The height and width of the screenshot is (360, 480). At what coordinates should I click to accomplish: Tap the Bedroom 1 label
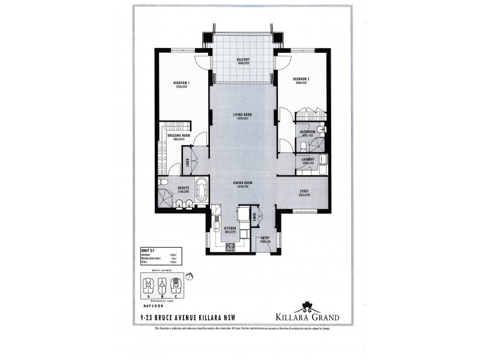pos(182,83)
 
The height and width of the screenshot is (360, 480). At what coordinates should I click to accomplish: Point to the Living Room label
pos(243,115)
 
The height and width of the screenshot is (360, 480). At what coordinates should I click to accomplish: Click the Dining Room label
pos(243,183)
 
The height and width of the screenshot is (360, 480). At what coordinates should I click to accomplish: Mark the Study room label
pos(306,192)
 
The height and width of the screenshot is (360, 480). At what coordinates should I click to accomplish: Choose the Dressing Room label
pos(178,136)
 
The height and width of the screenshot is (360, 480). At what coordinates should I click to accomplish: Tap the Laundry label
pos(308,159)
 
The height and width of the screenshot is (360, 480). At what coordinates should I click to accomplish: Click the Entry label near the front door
pos(265,238)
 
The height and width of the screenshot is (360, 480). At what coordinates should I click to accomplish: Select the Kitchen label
pos(230,229)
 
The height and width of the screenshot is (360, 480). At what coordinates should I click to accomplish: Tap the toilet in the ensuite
pos(162,182)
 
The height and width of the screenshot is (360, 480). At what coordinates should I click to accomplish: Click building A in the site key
pos(148,283)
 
